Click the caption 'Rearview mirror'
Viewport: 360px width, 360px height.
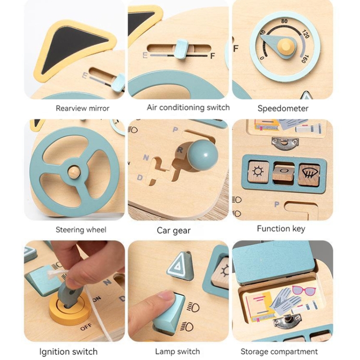click(x=83, y=108)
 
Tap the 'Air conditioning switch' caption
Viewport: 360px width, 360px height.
click(x=188, y=108)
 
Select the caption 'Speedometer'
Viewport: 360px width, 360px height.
click(x=283, y=108)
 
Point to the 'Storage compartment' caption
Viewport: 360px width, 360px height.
click(x=279, y=351)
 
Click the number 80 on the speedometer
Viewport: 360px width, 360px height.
click(x=284, y=21)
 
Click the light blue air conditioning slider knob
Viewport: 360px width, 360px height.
click(x=182, y=48)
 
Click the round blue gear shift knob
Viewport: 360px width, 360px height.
click(x=202, y=156)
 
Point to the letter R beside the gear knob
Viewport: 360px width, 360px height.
click(x=180, y=150)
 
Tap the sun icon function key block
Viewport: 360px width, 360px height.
click(x=258, y=172)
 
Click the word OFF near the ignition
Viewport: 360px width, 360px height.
click(x=86, y=327)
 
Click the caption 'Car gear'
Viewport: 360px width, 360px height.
click(x=174, y=230)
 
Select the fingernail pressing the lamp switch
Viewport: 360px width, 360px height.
click(x=166, y=295)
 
